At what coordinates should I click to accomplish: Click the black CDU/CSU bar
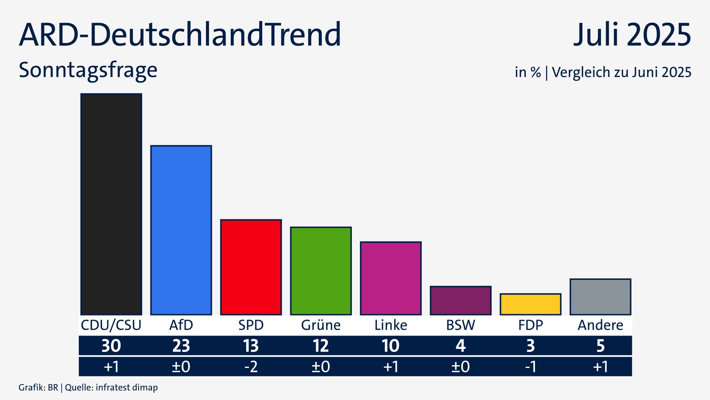pyautogui.click(x=111, y=204)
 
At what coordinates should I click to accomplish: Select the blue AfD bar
pyautogui.click(x=181, y=230)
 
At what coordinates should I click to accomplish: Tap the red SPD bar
pyautogui.click(x=251, y=267)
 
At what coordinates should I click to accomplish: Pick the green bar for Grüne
pyautogui.click(x=321, y=271)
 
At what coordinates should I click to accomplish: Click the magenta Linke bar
pyautogui.click(x=390, y=279)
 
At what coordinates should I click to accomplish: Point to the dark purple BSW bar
pyautogui.click(x=460, y=301)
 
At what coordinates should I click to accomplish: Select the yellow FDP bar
pyautogui.click(x=530, y=304)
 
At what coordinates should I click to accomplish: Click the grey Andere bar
pyautogui.click(x=600, y=297)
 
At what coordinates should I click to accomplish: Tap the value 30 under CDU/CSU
pyautogui.click(x=111, y=346)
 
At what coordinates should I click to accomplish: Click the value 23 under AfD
pyautogui.click(x=181, y=346)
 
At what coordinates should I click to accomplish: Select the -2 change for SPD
pyautogui.click(x=251, y=367)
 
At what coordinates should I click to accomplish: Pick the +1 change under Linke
pyautogui.click(x=390, y=367)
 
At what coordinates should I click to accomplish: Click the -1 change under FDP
pyautogui.click(x=530, y=367)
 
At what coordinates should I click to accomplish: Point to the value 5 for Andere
pyautogui.click(x=600, y=346)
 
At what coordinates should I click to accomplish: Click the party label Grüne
pyautogui.click(x=321, y=325)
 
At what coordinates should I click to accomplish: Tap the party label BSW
pyautogui.click(x=460, y=325)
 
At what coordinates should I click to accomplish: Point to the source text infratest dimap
pyautogui.click(x=126, y=388)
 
